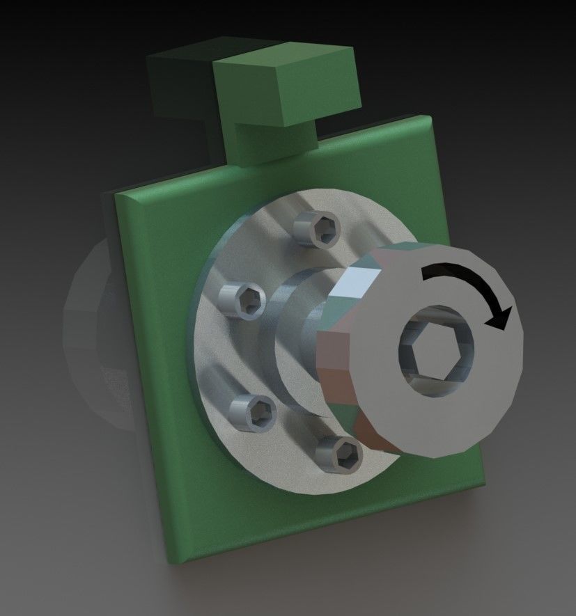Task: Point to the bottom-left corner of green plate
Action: click(x=174, y=557)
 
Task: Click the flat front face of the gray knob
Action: click(x=481, y=390)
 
